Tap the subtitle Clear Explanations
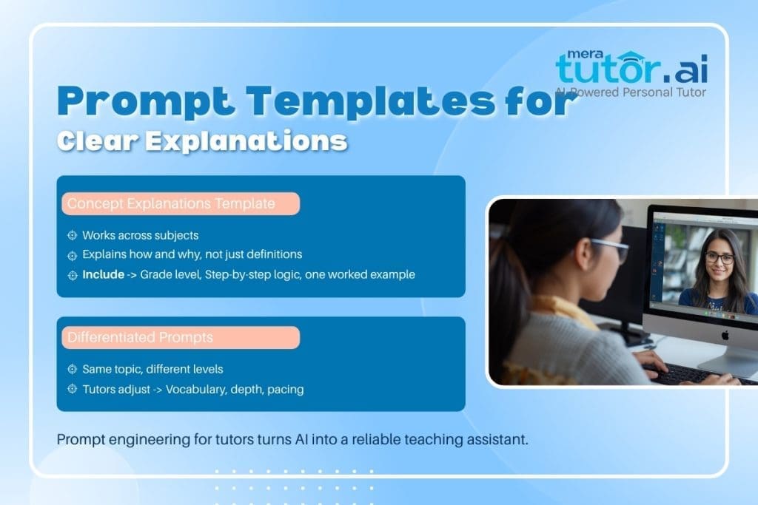(x=202, y=140)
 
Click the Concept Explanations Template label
(x=171, y=204)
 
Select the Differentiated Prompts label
(x=140, y=338)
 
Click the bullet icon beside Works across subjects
(x=72, y=236)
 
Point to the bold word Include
(x=103, y=274)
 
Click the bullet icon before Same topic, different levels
(x=72, y=369)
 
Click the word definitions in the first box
(x=269, y=255)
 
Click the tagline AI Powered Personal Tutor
(x=631, y=92)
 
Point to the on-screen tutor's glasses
(x=719, y=259)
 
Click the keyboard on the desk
(x=685, y=376)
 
